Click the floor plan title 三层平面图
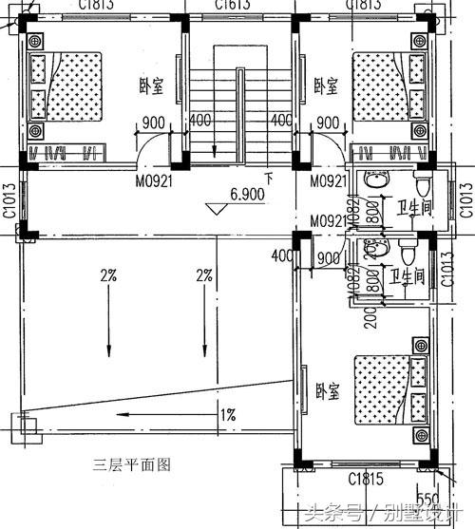click(131, 464)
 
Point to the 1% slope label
click(228, 415)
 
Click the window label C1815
click(366, 477)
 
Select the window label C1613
click(233, 5)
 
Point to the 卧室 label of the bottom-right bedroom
click(327, 390)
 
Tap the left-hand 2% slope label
click(107, 276)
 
